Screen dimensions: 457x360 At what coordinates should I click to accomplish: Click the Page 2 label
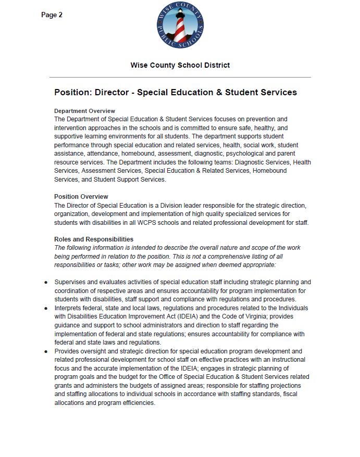(x=52, y=15)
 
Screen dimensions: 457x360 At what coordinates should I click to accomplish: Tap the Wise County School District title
(x=180, y=65)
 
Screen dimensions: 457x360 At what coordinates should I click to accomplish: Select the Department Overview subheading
(x=84, y=111)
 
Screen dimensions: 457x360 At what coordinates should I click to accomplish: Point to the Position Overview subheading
(x=81, y=197)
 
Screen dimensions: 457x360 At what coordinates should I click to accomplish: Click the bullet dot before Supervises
(x=46, y=282)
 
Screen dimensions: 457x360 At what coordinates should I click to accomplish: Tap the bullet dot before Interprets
(x=46, y=308)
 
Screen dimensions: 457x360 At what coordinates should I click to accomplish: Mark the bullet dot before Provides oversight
(x=46, y=351)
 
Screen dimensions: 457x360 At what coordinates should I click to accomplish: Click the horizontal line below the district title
(x=180, y=78)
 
